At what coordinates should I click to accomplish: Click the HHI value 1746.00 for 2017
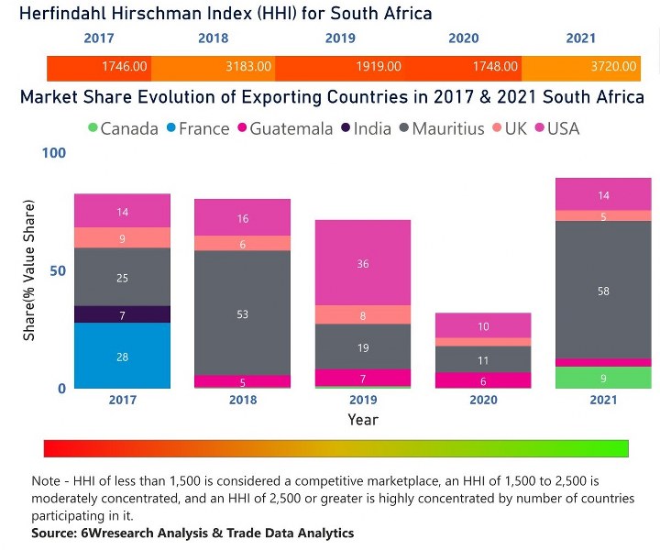click(x=124, y=67)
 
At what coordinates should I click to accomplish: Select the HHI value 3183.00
click(x=249, y=67)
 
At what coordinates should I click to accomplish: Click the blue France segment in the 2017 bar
click(x=122, y=356)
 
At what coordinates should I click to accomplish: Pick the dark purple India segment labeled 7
click(x=122, y=314)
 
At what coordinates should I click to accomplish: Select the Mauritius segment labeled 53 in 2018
click(x=242, y=313)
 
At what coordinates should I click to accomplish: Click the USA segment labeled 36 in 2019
click(x=362, y=263)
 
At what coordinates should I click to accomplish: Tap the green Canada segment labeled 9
click(x=602, y=377)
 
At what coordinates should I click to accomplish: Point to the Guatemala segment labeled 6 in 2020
click(x=482, y=380)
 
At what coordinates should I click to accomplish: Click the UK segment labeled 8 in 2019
click(x=362, y=314)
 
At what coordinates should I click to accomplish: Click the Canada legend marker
click(x=92, y=129)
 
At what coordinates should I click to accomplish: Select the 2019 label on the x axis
click(x=362, y=401)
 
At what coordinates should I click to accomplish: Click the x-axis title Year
click(x=362, y=420)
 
